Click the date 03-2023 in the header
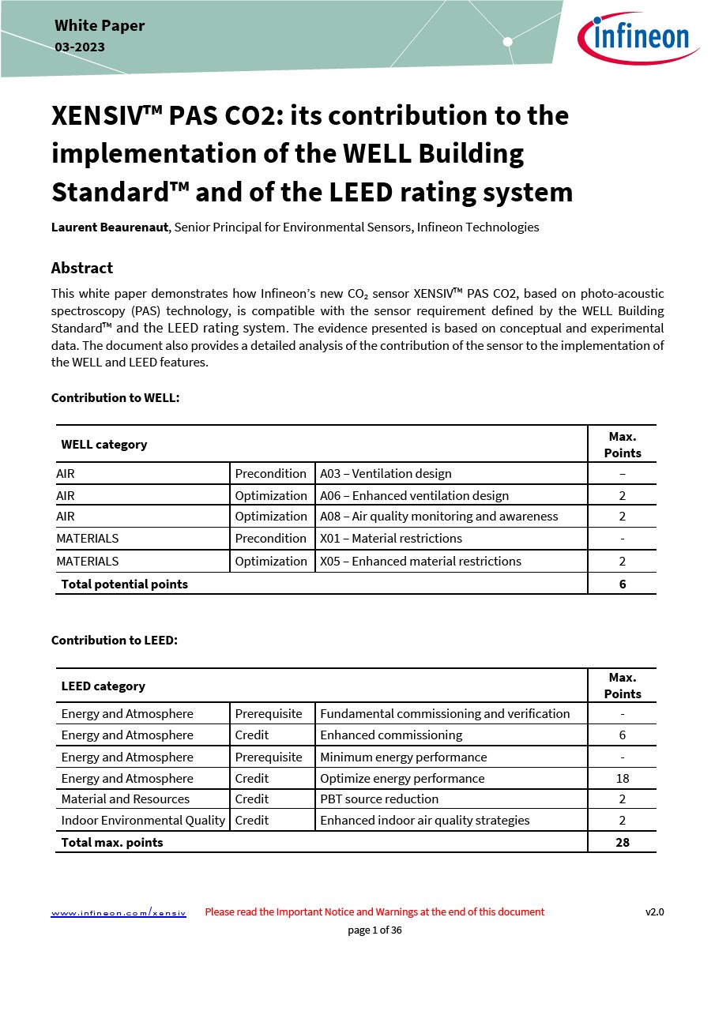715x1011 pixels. click(80, 47)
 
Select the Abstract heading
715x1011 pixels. click(82, 268)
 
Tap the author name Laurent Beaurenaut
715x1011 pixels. click(109, 227)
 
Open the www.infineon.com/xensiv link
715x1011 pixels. click(119, 912)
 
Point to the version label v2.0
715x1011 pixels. click(654, 911)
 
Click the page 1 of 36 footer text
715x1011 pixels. click(374, 930)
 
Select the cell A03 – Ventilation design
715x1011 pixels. click(386, 474)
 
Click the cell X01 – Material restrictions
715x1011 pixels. click(391, 539)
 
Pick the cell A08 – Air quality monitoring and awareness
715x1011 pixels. click(438, 517)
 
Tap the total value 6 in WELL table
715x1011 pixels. click(623, 584)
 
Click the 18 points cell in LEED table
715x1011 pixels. click(623, 779)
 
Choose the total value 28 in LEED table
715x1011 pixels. click(623, 843)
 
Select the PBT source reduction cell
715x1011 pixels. click(379, 799)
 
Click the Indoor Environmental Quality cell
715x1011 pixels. click(143, 821)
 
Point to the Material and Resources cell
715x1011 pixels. click(126, 799)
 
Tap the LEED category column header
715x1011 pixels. click(103, 686)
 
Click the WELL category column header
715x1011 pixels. click(104, 445)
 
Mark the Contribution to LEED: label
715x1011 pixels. click(115, 641)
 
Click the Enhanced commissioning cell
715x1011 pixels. click(391, 735)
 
